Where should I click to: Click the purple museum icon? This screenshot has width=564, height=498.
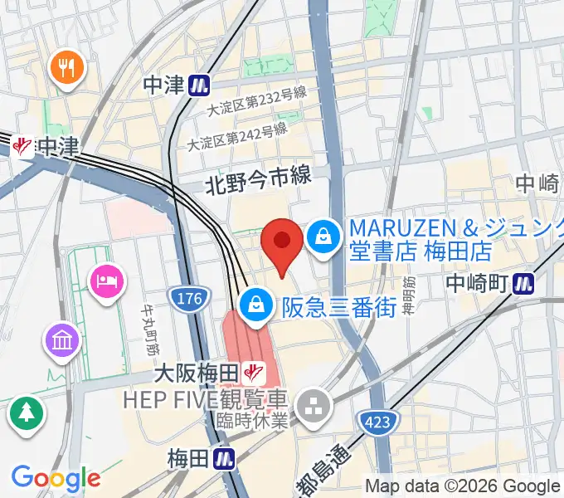[64, 339]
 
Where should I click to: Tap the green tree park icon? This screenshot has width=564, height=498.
[27, 413]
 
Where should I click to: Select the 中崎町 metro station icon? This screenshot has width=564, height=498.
[523, 283]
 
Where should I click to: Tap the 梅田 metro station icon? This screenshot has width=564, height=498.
[224, 457]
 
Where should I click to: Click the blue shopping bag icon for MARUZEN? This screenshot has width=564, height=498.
[323, 237]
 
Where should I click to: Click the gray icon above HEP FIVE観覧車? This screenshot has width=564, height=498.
[316, 406]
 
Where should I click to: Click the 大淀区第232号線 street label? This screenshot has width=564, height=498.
[247, 106]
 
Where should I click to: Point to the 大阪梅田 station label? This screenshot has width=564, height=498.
[196, 374]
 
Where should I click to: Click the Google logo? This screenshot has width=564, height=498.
[56, 478]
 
